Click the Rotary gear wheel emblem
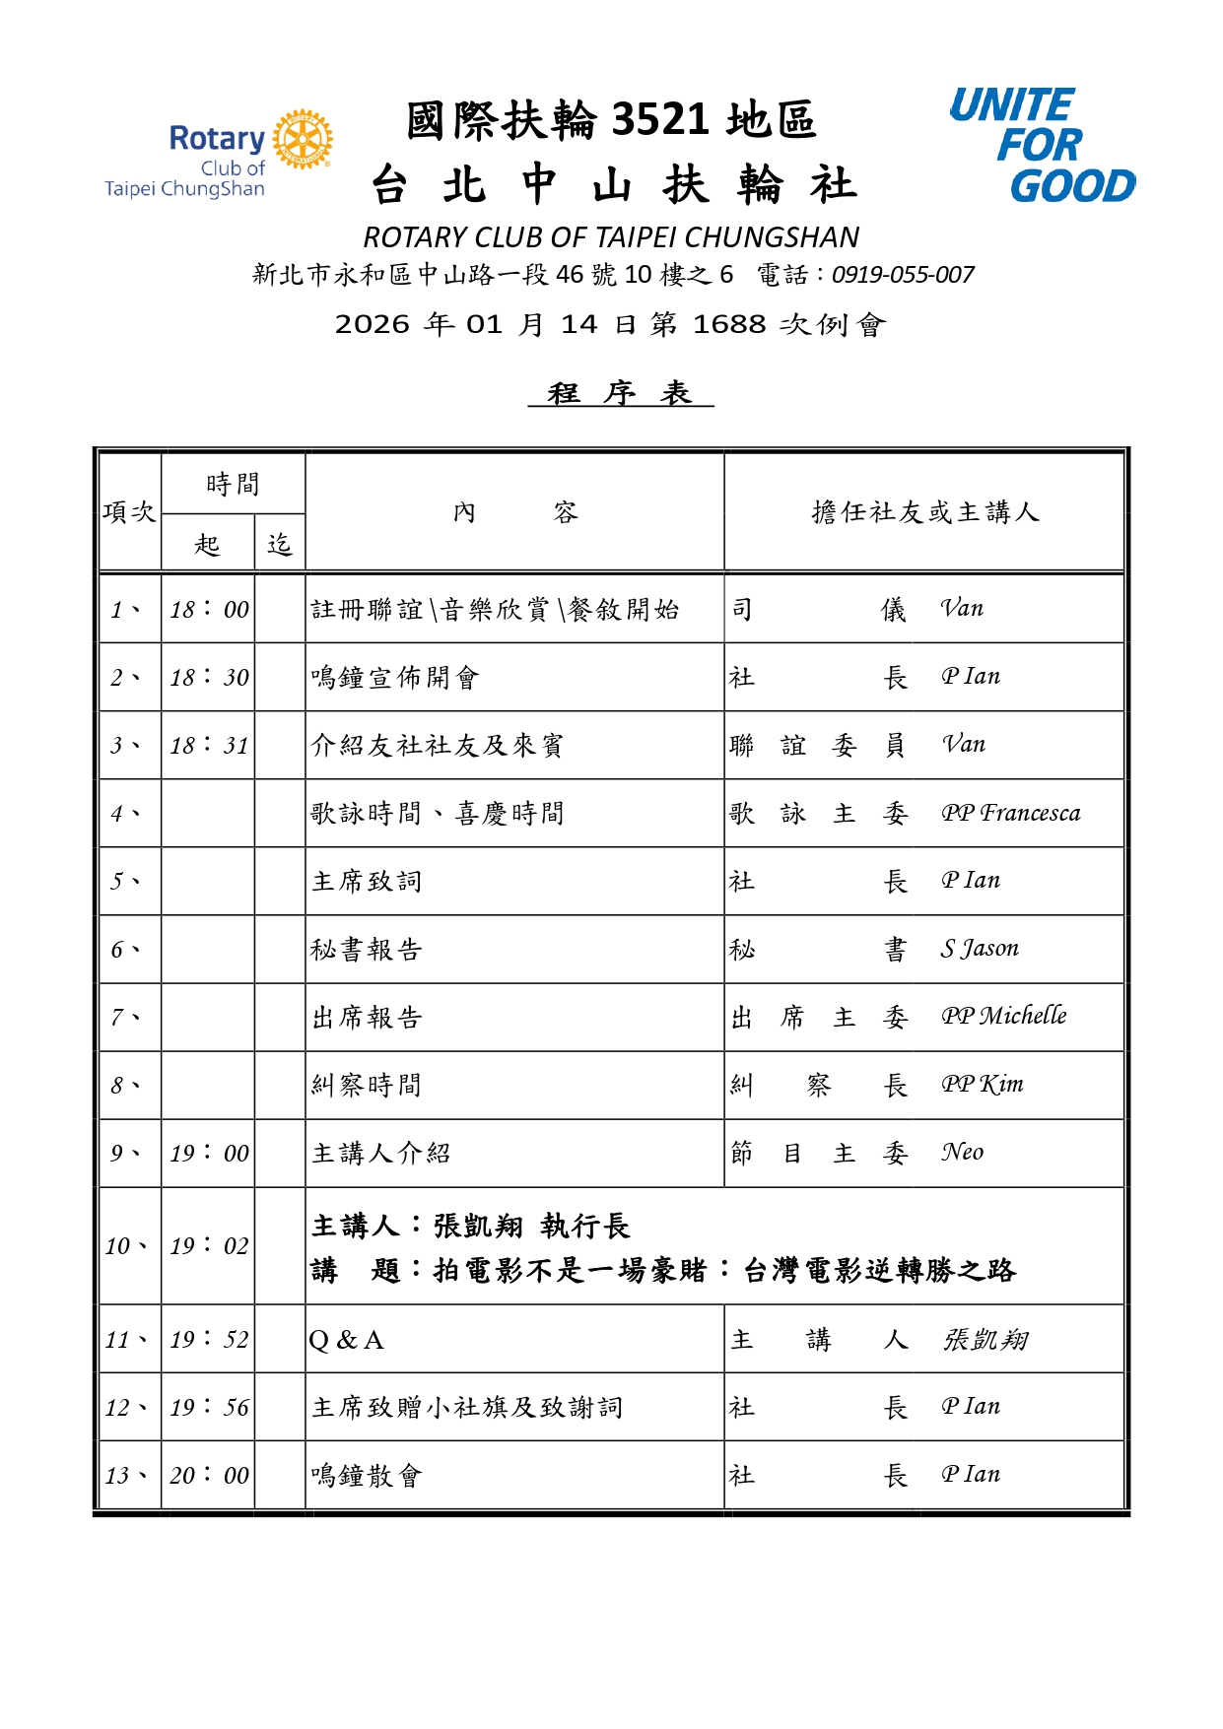tap(303, 139)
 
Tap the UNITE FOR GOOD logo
tap(1041, 146)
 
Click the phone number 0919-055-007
tap(903, 275)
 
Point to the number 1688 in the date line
tap(728, 324)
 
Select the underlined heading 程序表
tap(620, 393)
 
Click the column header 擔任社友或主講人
tap(924, 512)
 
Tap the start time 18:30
tap(209, 678)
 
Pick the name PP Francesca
tap(1010, 814)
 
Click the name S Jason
tap(979, 949)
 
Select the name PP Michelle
tap(1003, 1017)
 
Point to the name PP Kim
tap(982, 1085)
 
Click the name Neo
tap(962, 1153)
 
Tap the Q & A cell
tap(346, 1340)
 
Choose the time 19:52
tap(209, 1340)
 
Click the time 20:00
tap(209, 1476)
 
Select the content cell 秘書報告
tap(367, 950)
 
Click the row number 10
tap(124, 1246)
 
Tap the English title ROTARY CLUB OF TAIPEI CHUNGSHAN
tap(611, 237)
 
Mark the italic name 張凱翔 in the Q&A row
tap(985, 1340)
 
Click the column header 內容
tap(514, 512)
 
